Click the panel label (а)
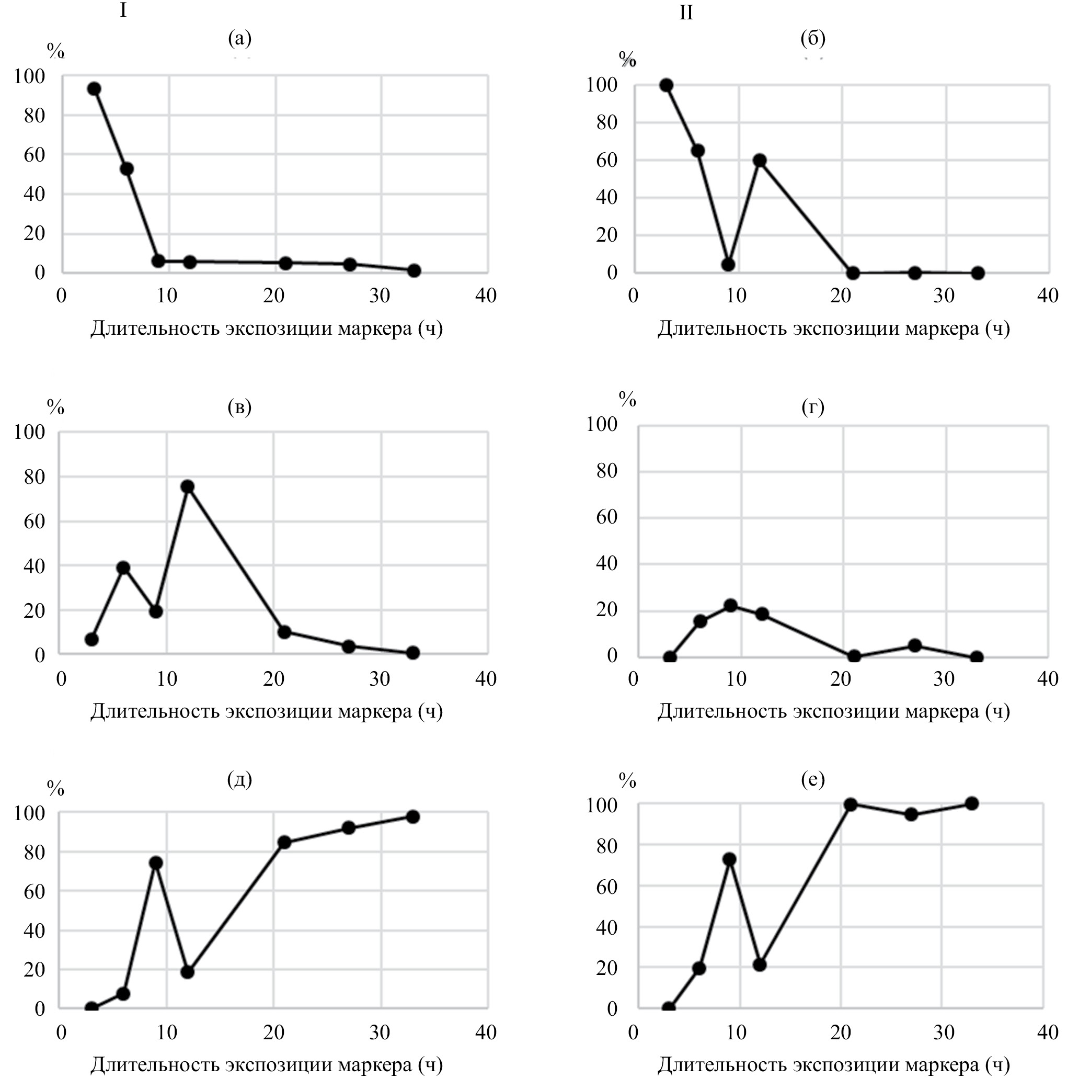pyautogui.click(x=239, y=39)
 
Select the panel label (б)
pyautogui.click(x=812, y=39)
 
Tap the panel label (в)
pyautogui.click(x=239, y=407)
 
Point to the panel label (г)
pyautogui.click(x=812, y=407)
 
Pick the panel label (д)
pyautogui.click(x=239, y=778)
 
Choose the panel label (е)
pyautogui.click(x=812, y=778)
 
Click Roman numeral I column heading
pyautogui.click(x=123, y=10)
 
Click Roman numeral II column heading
pyautogui.click(x=686, y=13)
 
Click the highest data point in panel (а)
pyautogui.click(x=95, y=89)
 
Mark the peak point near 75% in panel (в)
pyautogui.click(x=188, y=486)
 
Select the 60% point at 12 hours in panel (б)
pyautogui.click(x=760, y=161)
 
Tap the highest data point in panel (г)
pyautogui.click(x=730, y=605)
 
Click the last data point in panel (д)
pyautogui.click(x=412, y=816)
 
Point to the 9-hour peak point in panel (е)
pyautogui.click(x=729, y=859)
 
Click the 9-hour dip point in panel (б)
pyautogui.click(x=728, y=264)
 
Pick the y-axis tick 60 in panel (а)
pyautogui.click(x=34, y=155)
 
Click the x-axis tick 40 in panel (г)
pyautogui.click(x=1048, y=679)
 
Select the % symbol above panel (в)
pyautogui.click(x=55, y=407)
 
